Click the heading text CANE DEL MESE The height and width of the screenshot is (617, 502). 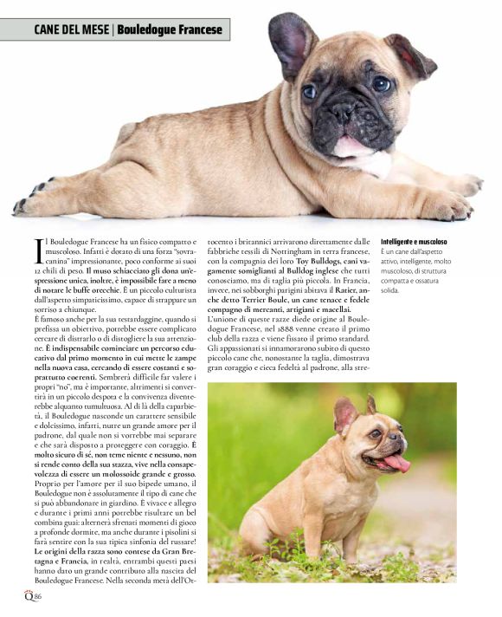(x=71, y=30)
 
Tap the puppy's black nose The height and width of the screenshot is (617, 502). (x=344, y=111)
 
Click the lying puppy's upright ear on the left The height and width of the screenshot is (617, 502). (x=292, y=41)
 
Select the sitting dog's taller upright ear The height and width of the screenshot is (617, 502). (x=345, y=415)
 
